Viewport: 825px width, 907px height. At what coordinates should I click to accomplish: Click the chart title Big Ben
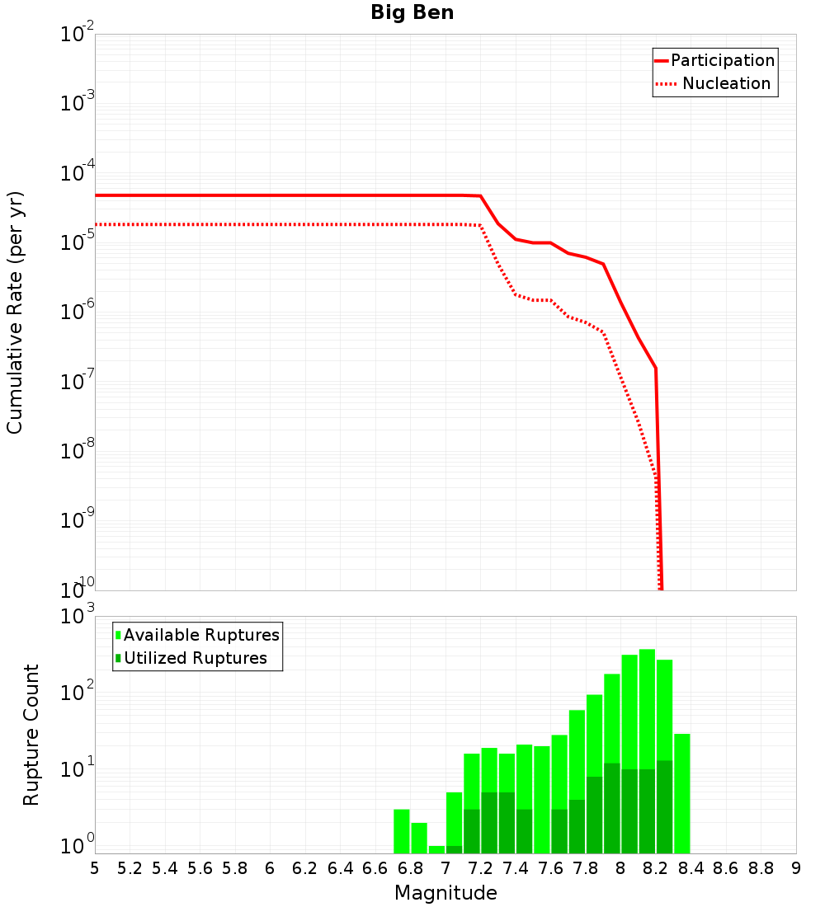412,12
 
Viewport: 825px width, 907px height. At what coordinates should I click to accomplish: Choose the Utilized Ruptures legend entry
191,658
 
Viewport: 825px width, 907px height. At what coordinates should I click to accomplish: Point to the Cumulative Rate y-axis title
15,312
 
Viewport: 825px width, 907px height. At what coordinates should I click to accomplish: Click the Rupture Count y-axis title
31,735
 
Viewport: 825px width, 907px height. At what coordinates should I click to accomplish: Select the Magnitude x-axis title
445,893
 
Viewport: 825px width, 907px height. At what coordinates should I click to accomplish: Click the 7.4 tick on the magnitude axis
516,868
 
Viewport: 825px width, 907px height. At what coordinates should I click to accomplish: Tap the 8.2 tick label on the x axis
656,868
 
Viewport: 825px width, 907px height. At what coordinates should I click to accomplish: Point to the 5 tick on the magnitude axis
95,868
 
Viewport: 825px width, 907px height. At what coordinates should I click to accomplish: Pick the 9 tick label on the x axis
796,868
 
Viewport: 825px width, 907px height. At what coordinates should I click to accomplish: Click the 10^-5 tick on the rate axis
78,242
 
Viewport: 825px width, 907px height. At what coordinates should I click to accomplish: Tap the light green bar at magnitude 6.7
402,831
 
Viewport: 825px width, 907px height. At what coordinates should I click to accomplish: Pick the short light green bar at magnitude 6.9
436,849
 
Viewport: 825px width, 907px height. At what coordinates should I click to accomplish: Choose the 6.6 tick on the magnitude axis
375,868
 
